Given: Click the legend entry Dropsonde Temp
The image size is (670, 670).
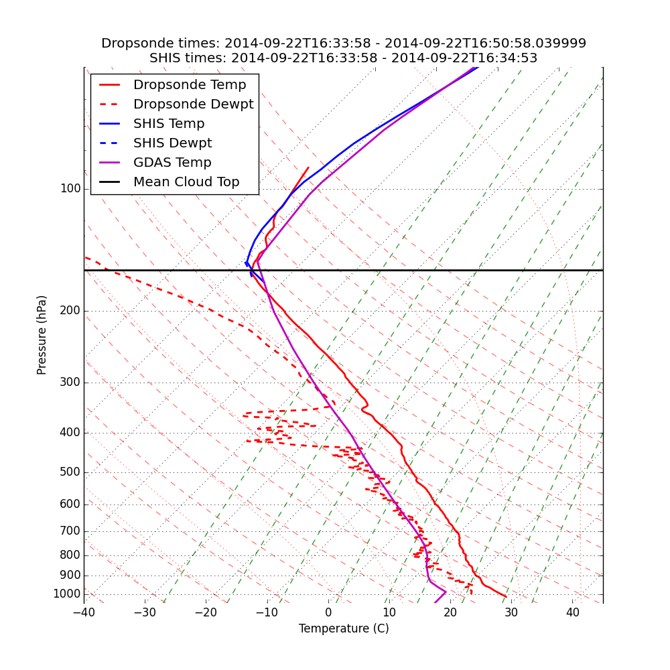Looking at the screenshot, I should coord(190,85).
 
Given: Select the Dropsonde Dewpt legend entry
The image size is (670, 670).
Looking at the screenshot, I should coord(193,105).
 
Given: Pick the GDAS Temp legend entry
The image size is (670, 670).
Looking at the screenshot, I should coord(172,163).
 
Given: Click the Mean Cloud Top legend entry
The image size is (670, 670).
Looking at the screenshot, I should coord(186,182).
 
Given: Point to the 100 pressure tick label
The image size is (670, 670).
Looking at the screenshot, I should coord(70,189).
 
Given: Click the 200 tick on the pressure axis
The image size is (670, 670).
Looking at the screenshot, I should coord(70,311).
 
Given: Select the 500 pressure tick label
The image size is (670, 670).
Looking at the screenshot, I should coord(70,472).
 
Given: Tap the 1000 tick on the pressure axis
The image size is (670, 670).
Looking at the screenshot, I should coord(67,594).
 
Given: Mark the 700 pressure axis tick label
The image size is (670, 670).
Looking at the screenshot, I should coord(70,531).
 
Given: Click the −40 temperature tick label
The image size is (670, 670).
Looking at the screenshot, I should coord(84,612).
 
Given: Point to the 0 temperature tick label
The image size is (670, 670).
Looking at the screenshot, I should coord(328,612).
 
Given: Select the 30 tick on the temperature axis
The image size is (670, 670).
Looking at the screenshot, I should coord(511,612).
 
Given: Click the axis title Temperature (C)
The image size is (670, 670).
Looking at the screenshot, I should coord(344,628).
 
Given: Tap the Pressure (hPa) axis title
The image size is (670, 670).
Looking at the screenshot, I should coord(42,335).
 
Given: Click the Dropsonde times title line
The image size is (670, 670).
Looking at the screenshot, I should coord(344,44).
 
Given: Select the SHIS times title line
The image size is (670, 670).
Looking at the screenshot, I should coord(344,58).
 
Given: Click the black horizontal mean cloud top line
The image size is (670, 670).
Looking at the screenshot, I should coord(402,270).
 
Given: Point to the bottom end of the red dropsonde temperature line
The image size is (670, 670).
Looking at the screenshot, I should coord(506,596).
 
